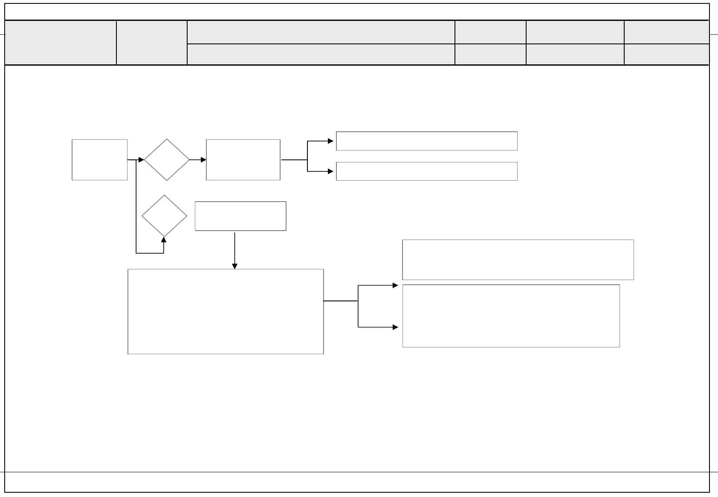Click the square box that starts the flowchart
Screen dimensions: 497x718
(99, 160)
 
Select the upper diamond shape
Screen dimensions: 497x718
(167, 160)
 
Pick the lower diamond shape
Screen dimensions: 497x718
(164, 216)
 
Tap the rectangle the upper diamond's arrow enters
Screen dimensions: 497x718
(243, 160)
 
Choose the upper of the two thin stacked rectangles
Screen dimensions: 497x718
(426, 141)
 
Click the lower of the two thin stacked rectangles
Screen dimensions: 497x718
(426, 171)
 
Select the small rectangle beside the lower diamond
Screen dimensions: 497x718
(240, 216)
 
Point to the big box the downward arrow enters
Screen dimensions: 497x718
(226, 311)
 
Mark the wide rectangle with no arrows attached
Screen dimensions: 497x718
(518, 260)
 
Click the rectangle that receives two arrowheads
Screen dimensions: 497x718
(511, 316)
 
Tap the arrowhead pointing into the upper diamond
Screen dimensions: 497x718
(142, 160)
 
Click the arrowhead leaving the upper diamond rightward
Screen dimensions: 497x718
(204, 160)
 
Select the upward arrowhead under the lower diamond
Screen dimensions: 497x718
(164, 240)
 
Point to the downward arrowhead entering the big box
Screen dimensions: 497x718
(235, 266)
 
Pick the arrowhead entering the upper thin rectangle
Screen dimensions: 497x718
(331, 141)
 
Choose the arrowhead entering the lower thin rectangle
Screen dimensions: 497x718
(331, 171)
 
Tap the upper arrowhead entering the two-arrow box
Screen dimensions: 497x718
(396, 286)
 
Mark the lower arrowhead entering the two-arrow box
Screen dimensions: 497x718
(396, 327)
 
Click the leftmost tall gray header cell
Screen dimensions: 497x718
(61, 43)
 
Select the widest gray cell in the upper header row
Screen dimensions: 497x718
(321, 32)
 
